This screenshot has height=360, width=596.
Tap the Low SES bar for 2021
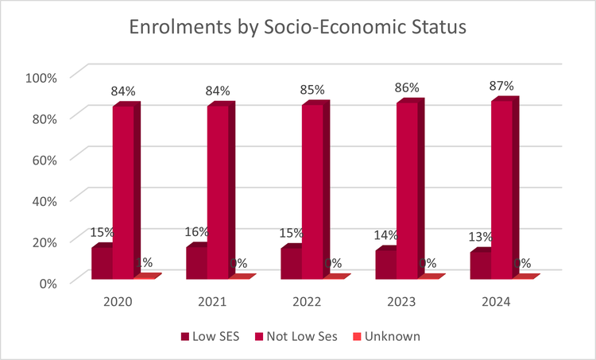point(196,263)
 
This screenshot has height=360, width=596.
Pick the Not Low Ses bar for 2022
point(312,192)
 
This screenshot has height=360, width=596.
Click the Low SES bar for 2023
point(385,265)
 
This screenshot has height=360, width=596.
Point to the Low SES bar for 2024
point(480,265)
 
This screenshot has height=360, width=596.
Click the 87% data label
point(501,86)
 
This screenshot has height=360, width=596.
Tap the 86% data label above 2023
point(408,88)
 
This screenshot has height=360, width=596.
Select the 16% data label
point(197,231)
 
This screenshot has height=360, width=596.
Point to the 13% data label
point(480,237)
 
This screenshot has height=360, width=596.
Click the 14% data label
point(385,235)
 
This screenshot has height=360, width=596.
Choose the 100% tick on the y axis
point(41,77)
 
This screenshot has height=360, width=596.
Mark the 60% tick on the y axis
point(44,159)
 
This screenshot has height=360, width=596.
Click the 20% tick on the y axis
point(44,241)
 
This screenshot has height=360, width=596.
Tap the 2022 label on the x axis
point(307,302)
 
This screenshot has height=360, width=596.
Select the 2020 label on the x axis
point(118,302)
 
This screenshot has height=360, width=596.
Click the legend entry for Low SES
point(210,336)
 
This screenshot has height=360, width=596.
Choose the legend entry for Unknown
point(386,336)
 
